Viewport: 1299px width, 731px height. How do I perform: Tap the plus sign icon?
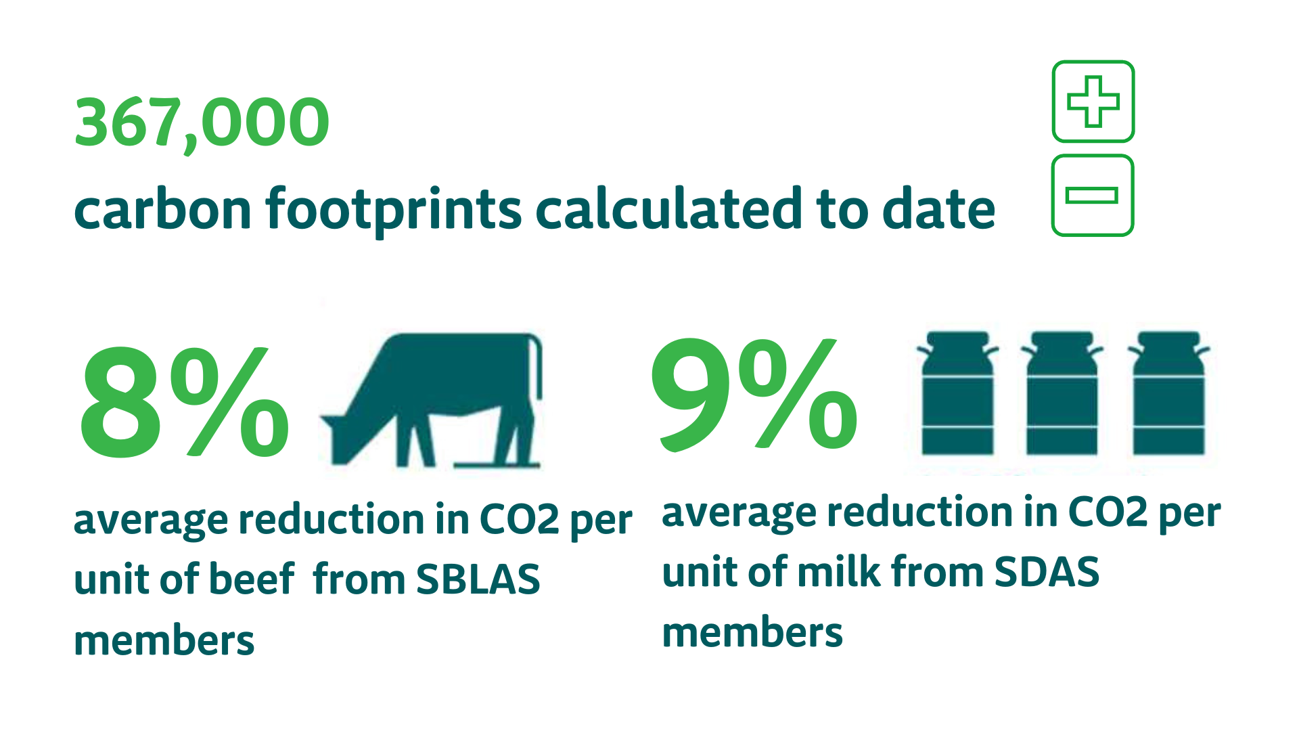pyautogui.click(x=1093, y=102)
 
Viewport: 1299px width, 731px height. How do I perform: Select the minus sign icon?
pyautogui.click(x=1093, y=196)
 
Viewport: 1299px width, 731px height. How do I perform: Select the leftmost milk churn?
pyautogui.click(x=957, y=393)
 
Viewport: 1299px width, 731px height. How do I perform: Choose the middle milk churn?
pyautogui.click(x=1062, y=393)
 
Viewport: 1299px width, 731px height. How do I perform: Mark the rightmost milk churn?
pyautogui.click(x=1169, y=393)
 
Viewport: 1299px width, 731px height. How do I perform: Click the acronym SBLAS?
pyautogui.click(x=478, y=579)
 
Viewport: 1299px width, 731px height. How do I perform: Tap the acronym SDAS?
pyautogui.click(x=1047, y=572)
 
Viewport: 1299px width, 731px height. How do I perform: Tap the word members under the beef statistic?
pyautogui.click(x=164, y=640)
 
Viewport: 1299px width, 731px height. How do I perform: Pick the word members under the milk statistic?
pyautogui.click(x=752, y=632)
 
